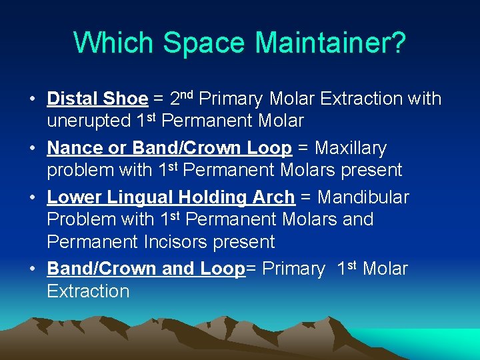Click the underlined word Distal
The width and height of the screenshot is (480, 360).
tap(73, 99)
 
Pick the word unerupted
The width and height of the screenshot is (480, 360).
tap(89, 121)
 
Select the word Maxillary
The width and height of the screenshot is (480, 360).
tap(350, 148)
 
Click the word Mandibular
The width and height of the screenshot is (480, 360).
tap(363, 197)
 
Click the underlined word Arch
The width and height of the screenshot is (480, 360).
tap(275, 197)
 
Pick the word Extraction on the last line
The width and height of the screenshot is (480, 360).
tap(88, 291)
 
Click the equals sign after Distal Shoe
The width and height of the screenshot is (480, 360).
tap(159, 99)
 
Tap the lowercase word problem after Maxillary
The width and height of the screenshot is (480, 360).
tap(81, 171)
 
